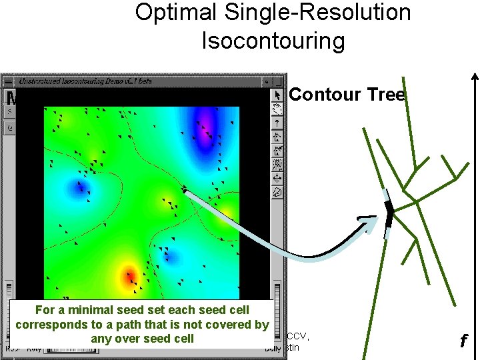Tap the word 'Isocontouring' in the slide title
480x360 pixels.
click(x=273, y=41)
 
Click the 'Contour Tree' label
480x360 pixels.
click(x=347, y=95)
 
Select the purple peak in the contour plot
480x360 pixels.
click(x=205, y=127)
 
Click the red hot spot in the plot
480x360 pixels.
click(x=129, y=275)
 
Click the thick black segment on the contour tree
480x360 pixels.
click(x=389, y=213)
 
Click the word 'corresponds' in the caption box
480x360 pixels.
click(x=47, y=325)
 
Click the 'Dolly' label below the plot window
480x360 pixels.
click(x=272, y=348)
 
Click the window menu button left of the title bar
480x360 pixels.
click(x=9, y=81)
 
